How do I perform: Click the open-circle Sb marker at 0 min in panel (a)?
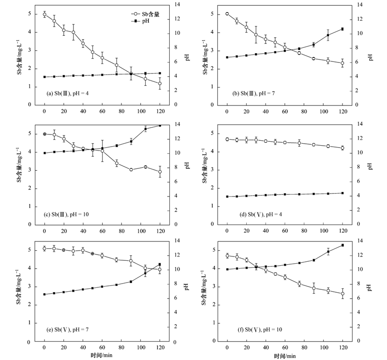point(45,15)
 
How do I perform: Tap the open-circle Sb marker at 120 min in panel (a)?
point(160,83)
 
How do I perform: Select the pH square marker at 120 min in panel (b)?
point(342,29)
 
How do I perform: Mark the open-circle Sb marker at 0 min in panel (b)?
point(227,14)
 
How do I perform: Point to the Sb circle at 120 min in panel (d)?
point(342,148)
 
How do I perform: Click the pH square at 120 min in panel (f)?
point(342,245)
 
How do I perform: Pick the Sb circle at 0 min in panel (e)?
point(45,249)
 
